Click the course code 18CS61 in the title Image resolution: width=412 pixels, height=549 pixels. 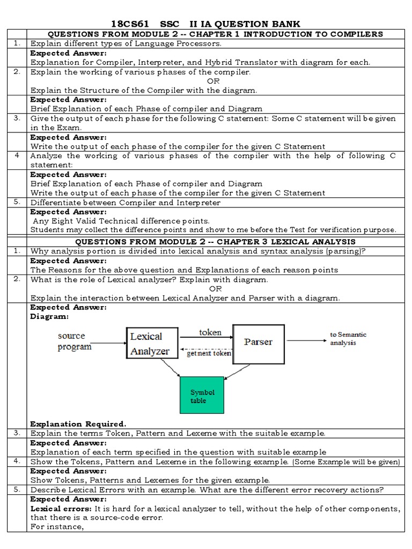tap(130, 24)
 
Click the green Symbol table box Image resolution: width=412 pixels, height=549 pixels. tap(202, 397)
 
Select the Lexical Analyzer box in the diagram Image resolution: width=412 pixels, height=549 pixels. tap(150, 344)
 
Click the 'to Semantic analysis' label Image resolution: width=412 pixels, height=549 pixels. tap(348, 339)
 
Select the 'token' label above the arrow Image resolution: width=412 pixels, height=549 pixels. tap(210, 332)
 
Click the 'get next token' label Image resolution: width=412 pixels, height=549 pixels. tap(209, 353)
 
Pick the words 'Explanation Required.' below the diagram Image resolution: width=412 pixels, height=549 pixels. tap(78, 424)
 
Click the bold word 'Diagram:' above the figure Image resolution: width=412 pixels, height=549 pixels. tap(49, 316)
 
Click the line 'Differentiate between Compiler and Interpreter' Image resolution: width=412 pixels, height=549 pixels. tap(125, 203)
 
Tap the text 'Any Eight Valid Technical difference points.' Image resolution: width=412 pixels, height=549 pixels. tap(121, 221)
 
